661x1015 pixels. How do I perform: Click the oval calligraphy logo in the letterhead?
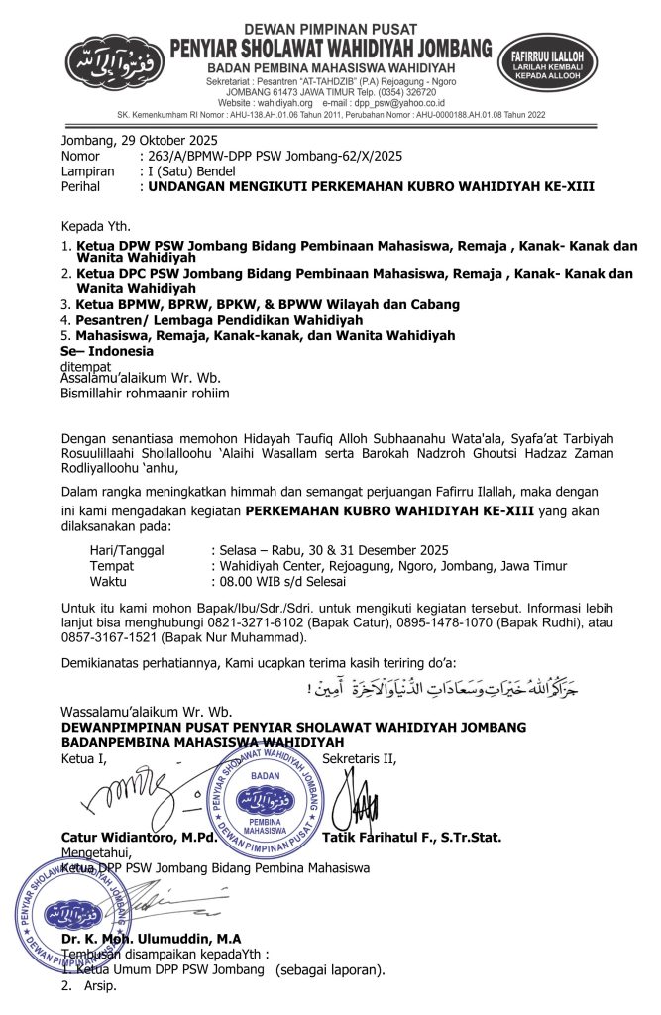point(117,63)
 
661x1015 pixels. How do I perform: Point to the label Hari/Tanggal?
point(127,550)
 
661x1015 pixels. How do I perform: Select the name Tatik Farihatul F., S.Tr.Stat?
point(411,837)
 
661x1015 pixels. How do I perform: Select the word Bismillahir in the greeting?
point(96,393)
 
